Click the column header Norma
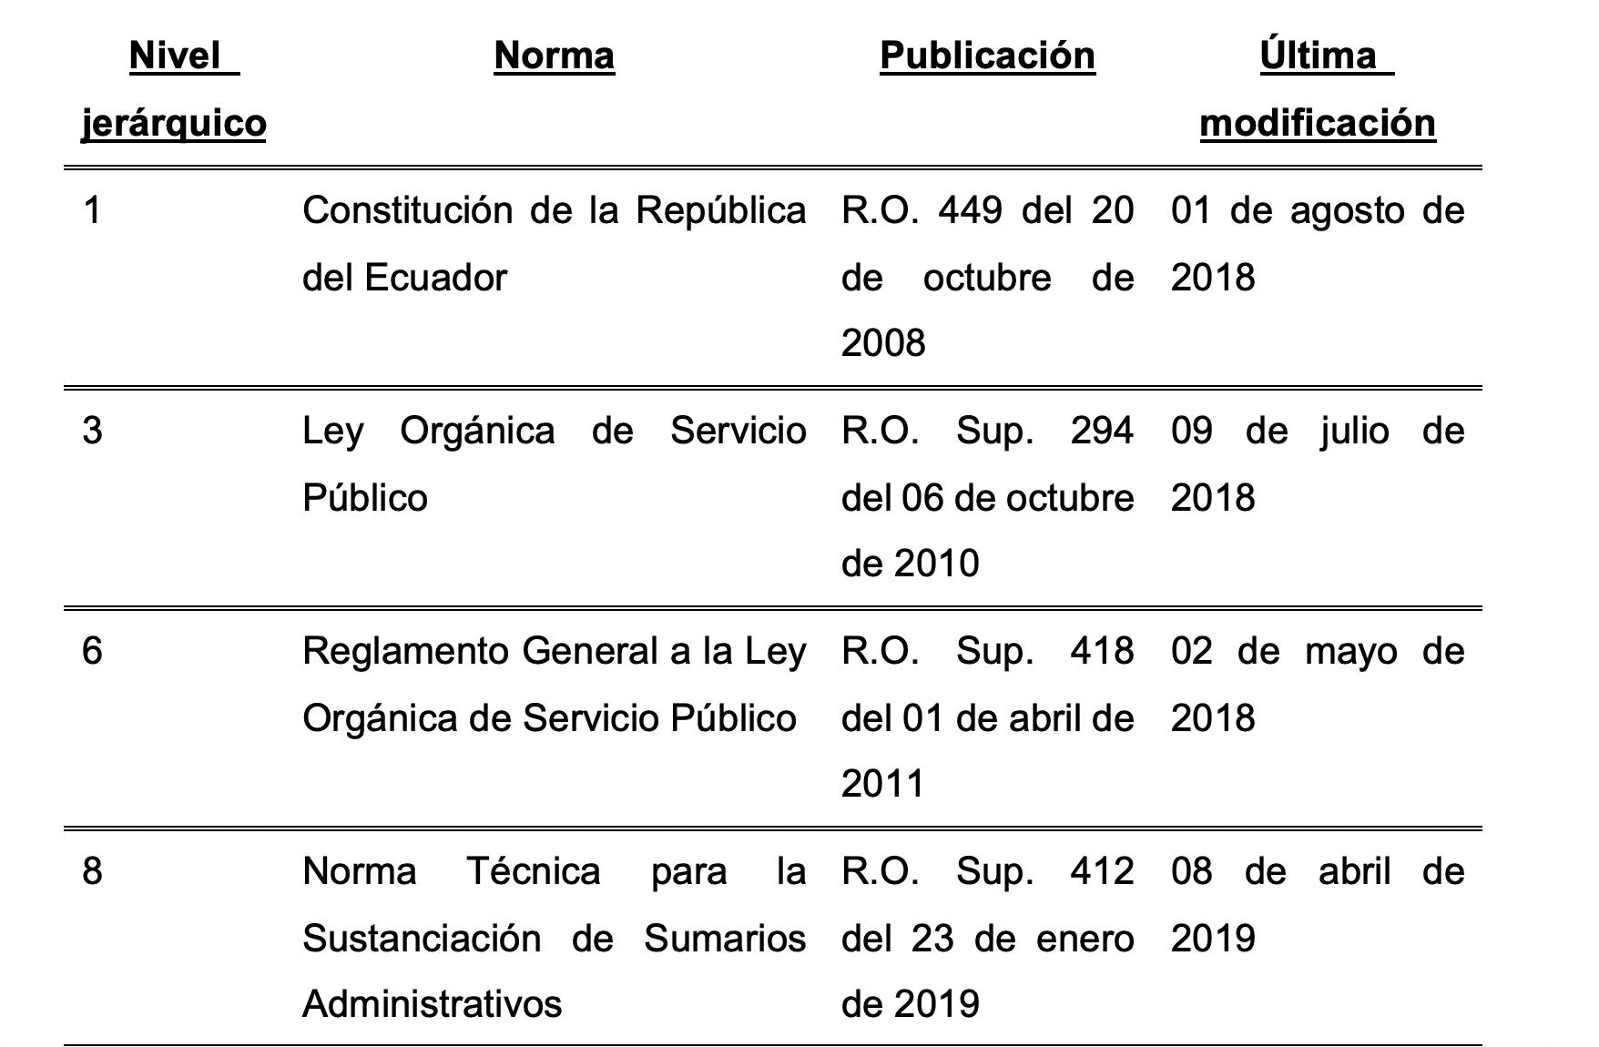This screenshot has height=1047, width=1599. [554, 56]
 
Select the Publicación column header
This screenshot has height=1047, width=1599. [987, 56]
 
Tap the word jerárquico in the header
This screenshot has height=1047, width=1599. [174, 123]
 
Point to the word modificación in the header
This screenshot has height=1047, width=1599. [1318, 123]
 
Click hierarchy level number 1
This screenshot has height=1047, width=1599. [92, 211]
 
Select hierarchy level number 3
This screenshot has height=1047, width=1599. [92, 431]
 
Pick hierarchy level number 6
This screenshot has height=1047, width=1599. [92, 652]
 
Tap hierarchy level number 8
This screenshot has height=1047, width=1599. [92, 872]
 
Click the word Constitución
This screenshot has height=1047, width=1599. [407, 211]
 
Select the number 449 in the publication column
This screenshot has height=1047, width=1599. [970, 211]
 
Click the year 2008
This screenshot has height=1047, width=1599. [883, 344]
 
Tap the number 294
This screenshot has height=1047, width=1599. [1102, 431]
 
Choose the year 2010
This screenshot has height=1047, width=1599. [936, 564]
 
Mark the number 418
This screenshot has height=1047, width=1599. [1102, 652]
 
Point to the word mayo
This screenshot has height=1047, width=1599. [1350, 652]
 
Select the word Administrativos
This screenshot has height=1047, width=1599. [432, 1004]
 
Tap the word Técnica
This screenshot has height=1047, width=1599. [534, 872]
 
